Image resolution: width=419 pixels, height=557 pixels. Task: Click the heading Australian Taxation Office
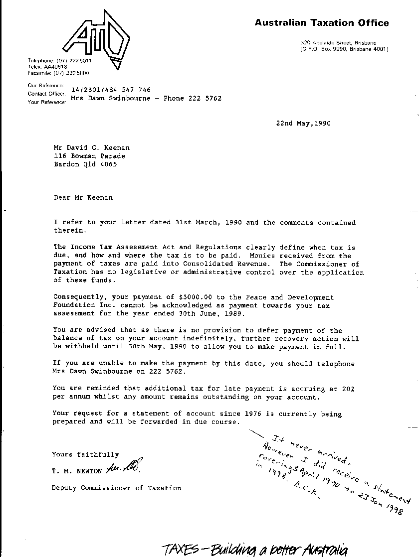tap(322, 22)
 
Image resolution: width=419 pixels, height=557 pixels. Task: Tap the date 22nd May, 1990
tap(303, 124)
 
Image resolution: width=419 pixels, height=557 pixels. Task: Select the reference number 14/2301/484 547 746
tap(111, 90)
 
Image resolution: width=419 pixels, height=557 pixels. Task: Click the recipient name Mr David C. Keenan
tap(92, 147)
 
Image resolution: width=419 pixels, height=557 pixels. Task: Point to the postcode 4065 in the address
tap(108, 164)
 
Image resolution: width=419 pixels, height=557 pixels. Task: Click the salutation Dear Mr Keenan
tap(83, 197)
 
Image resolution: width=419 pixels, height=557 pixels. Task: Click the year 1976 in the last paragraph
tap(253, 414)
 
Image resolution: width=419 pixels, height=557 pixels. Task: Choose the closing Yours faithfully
tap(85, 454)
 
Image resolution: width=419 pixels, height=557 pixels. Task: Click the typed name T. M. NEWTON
tap(77, 471)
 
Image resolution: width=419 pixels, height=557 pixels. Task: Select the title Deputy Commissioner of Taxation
tap(117, 488)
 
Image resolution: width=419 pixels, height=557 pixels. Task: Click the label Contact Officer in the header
tap(46, 94)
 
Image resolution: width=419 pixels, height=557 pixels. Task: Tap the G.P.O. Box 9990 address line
tap(344, 49)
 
